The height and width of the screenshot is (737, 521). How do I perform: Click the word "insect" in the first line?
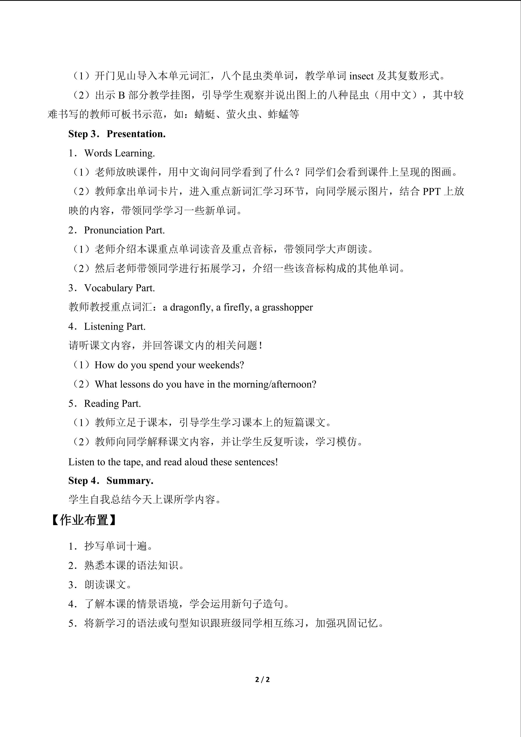(x=361, y=76)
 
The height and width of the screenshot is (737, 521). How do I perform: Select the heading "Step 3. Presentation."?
(x=117, y=134)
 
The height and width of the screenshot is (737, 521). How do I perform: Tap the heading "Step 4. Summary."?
(x=111, y=480)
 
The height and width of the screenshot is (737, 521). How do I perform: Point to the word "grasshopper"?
(x=288, y=307)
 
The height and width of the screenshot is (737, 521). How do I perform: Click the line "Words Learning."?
(x=119, y=153)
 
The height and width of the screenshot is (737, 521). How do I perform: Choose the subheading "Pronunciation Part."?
(x=124, y=230)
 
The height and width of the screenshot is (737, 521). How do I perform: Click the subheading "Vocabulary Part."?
(x=119, y=288)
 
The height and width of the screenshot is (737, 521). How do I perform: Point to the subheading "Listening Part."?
(x=114, y=326)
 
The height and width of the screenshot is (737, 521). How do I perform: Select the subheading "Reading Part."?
(x=112, y=403)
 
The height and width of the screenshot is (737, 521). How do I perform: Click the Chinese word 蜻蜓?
(x=205, y=114)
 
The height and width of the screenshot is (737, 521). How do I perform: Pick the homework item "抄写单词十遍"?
(x=118, y=546)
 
